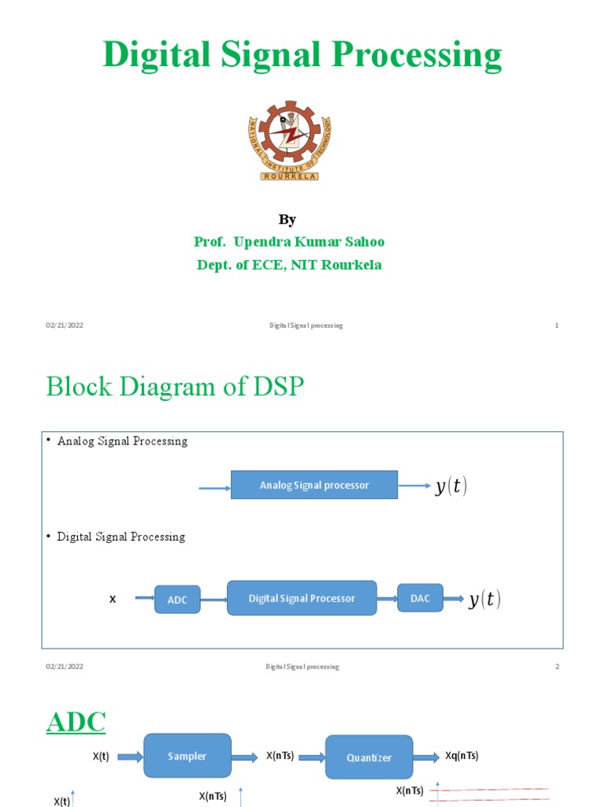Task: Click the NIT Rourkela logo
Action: click(290, 141)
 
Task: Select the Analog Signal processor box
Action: click(314, 485)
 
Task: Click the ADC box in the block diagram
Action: click(177, 600)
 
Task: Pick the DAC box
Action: click(420, 598)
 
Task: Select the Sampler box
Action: click(187, 756)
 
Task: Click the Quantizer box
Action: click(369, 757)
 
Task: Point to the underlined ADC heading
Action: click(76, 721)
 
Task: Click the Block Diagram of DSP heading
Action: click(175, 388)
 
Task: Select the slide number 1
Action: click(557, 325)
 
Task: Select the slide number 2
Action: click(557, 667)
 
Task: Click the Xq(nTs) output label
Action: click(462, 756)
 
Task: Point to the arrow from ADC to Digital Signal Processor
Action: click(213, 601)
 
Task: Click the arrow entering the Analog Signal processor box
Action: click(214, 489)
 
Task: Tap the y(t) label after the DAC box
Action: click(484, 600)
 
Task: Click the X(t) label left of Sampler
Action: click(101, 757)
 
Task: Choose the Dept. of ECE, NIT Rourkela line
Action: click(289, 265)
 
